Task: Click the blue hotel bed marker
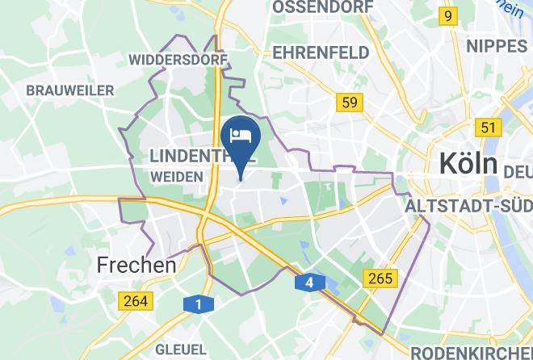pyautogui.click(x=241, y=136)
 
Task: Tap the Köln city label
pyautogui.click(x=468, y=164)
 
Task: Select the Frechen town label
pyautogui.click(x=136, y=264)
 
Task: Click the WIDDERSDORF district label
pyautogui.click(x=178, y=59)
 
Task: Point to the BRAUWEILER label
pyautogui.click(x=70, y=90)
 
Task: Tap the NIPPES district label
pyautogui.click(x=496, y=45)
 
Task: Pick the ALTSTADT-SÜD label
pyautogui.click(x=468, y=207)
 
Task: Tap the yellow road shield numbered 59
pyautogui.click(x=350, y=102)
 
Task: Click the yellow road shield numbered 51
pyautogui.click(x=487, y=127)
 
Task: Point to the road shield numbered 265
pyautogui.click(x=380, y=278)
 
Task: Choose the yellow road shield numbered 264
pyautogui.click(x=134, y=301)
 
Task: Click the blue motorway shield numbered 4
pyautogui.click(x=309, y=283)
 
